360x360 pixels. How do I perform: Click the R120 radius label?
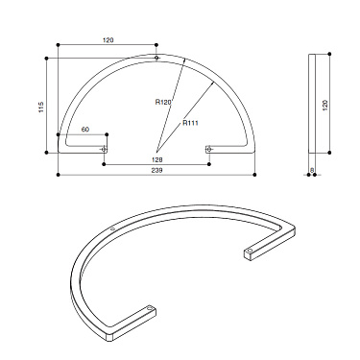click(x=162, y=101)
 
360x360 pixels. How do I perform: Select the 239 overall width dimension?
click(x=157, y=170)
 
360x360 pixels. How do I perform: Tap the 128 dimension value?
click(x=157, y=159)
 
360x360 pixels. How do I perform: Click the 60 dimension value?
click(x=85, y=129)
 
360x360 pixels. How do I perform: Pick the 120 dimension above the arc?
click(x=108, y=40)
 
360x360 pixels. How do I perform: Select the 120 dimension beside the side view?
click(x=325, y=104)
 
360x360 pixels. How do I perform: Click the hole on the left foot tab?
click(x=105, y=150)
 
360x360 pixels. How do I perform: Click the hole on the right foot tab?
click(x=210, y=150)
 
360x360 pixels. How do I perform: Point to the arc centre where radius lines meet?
click(x=157, y=150)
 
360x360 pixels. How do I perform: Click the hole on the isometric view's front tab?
click(x=148, y=309)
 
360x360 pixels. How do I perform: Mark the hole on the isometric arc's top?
click(x=113, y=228)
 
